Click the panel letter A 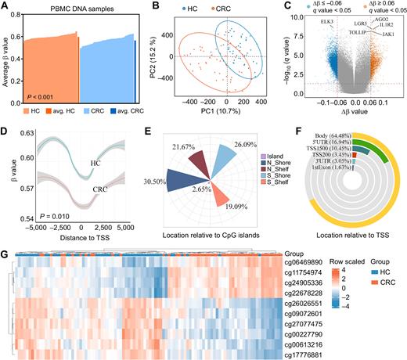click(x=5, y=5)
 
